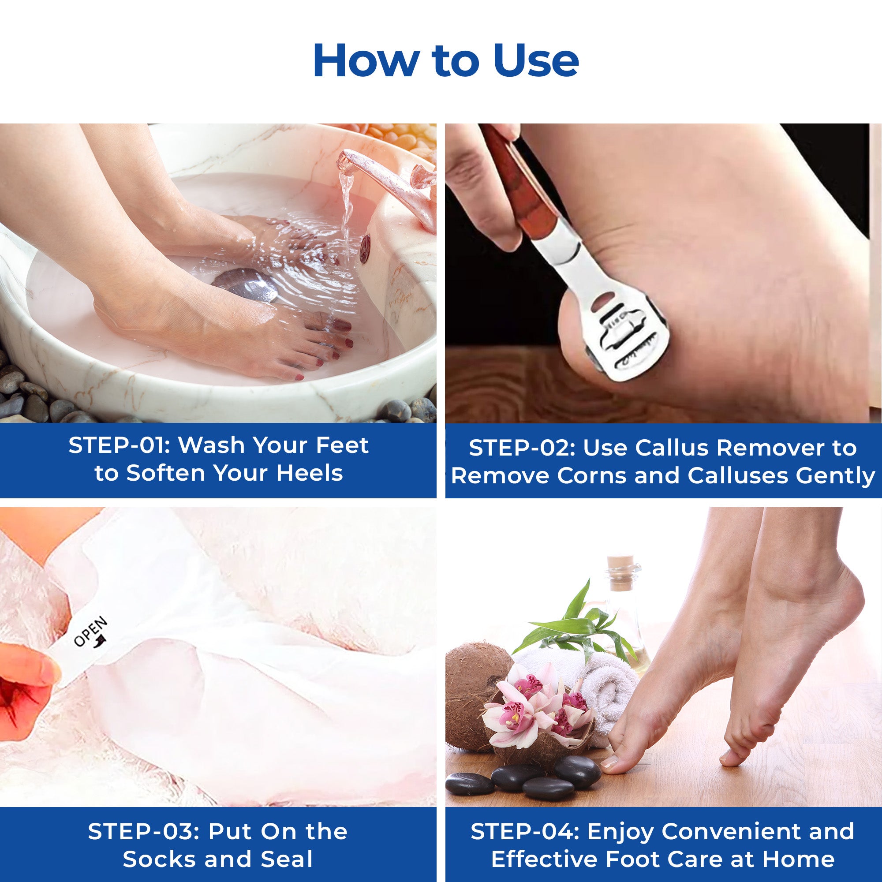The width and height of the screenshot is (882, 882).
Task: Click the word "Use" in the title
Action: click(x=536, y=61)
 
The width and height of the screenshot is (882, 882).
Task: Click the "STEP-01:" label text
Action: click(x=119, y=445)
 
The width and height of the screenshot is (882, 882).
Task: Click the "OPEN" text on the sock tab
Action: click(x=91, y=632)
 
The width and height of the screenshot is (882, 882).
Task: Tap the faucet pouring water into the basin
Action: click(x=386, y=183)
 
